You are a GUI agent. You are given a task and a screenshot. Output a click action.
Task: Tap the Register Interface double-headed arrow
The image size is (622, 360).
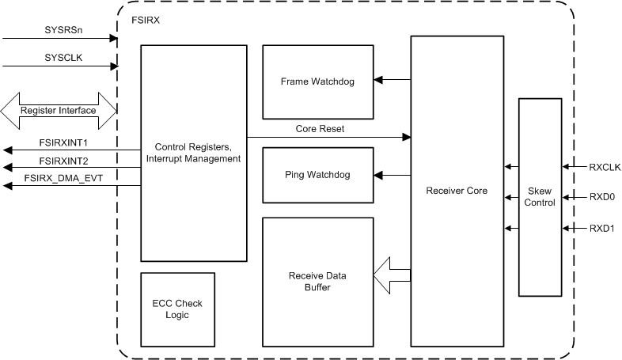[x=59, y=110]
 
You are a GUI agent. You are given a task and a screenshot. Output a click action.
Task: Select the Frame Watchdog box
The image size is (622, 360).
[x=318, y=82]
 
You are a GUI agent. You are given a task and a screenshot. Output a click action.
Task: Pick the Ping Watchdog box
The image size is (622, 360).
[x=318, y=175]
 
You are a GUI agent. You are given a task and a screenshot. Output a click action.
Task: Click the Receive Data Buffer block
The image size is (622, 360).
[x=318, y=282]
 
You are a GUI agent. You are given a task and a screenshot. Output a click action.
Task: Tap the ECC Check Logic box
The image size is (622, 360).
[x=177, y=309]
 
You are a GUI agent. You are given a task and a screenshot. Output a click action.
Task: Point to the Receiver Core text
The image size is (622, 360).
[x=457, y=191]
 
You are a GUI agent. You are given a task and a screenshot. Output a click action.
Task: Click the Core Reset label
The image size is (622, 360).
[x=320, y=129]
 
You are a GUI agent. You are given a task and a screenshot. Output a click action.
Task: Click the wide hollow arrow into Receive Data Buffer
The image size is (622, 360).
[x=392, y=275]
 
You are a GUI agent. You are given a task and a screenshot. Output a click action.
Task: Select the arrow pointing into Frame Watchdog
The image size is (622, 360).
[x=392, y=80]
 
